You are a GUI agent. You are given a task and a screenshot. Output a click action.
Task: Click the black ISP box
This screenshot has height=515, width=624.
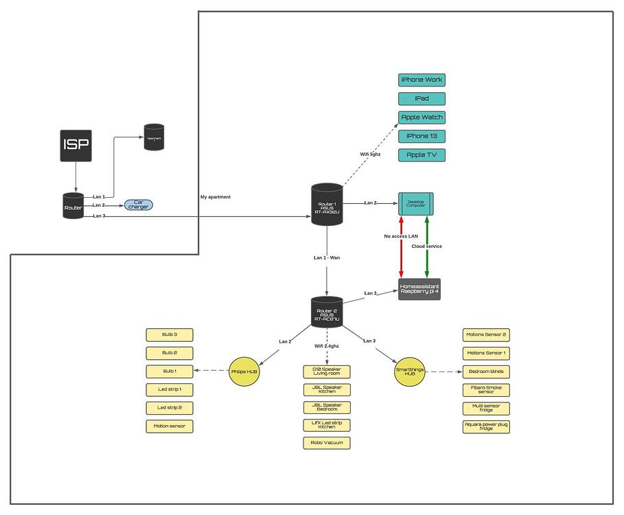tap(76, 145)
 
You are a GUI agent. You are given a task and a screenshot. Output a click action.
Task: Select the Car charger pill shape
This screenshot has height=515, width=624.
tap(138, 205)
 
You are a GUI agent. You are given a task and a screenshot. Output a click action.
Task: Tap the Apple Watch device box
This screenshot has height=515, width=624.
tap(421, 117)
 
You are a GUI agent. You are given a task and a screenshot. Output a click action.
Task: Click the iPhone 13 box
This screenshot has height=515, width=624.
tap(421, 136)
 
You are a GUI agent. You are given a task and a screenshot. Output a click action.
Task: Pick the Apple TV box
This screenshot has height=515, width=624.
tap(421, 154)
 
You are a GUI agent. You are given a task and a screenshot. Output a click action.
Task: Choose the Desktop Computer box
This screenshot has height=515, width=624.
tap(415, 203)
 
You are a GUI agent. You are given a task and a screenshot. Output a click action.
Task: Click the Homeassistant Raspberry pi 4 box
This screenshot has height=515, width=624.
tap(419, 289)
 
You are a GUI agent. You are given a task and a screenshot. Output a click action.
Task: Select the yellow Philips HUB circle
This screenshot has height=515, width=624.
tap(244, 371)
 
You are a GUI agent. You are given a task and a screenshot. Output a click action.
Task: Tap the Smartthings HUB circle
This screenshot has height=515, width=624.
tap(411, 371)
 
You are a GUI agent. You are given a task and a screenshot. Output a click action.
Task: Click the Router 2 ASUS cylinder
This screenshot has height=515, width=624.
tap(327, 312)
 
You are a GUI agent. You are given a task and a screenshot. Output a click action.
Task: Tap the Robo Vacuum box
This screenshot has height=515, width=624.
tap(327, 443)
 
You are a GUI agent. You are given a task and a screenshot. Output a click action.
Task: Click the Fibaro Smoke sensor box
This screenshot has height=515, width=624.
tap(486, 390)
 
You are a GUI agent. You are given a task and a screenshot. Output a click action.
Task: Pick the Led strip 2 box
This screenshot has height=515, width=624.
tap(170, 408)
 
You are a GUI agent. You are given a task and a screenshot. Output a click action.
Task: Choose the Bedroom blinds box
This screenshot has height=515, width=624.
tap(486, 371)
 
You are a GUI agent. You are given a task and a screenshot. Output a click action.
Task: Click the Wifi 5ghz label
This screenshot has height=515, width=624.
tap(370, 154)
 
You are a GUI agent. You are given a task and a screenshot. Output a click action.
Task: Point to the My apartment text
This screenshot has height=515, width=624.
tap(216, 197)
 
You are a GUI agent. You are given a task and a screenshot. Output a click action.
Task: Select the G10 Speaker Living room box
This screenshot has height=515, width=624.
tap(327, 371)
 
